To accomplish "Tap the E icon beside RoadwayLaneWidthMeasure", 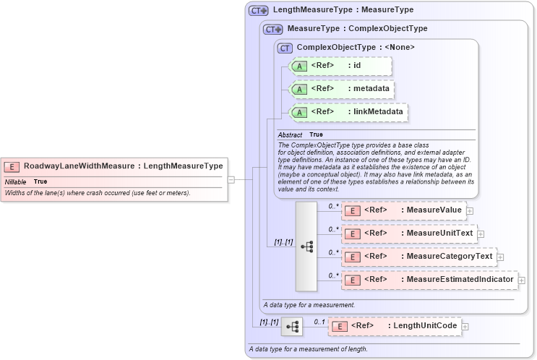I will click(12, 166).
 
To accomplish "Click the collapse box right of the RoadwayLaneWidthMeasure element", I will click(231, 179).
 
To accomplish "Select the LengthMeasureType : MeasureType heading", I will click(343, 10).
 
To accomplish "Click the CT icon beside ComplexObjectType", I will click(285, 47).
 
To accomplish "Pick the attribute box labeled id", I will click(340, 66).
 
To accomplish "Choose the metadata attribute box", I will click(341, 89).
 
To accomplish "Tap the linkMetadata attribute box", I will click(348, 112).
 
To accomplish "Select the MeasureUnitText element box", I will click(408, 233).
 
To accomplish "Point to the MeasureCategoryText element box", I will click(418, 257).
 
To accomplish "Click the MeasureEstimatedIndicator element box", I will click(429, 279).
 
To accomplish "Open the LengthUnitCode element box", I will click(395, 326).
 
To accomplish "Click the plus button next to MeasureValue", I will click(470, 211).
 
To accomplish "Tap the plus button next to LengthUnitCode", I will click(465, 327).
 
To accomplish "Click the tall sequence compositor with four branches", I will click(306, 246).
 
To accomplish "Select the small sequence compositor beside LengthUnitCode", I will click(292, 327).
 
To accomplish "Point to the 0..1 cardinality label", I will click(319, 321).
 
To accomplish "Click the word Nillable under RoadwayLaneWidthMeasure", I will click(15, 181).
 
